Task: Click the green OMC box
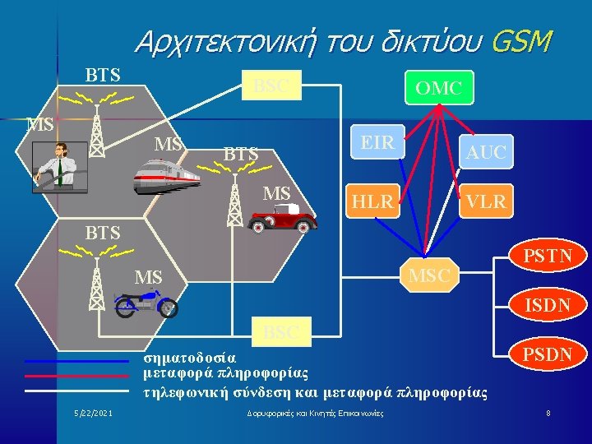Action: [x=438, y=87]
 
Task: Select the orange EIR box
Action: [x=377, y=141]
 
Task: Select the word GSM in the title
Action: [x=520, y=40]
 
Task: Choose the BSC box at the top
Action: [x=272, y=86]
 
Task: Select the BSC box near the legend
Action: [x=280, y=333]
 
